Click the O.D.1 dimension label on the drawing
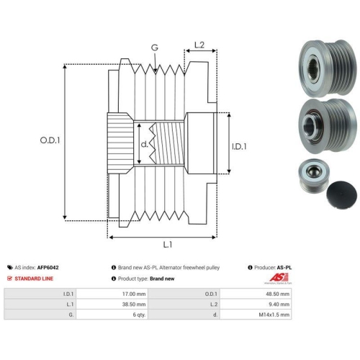pyautogui.click(x=50, y=140)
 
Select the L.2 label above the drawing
pyautogui.click(x=199, y=45)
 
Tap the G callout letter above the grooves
pyautogui.click(x=155, y=48)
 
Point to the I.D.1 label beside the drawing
pyautogui.click(x=239, y=146)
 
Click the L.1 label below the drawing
pyautogui.click(x=168, y=245)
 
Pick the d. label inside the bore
pyautogui.click(x=144, y=144)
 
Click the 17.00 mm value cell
pyautogui.click(x=112, y=294)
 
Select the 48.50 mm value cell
pyautogui.click(x=256, y=294)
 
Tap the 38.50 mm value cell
pyautogui.click(x=112, y=304)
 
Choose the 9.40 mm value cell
pyautogui.click(x=256, y=304)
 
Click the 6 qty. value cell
pyautogui.click(x=112, y=315)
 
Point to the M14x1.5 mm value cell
pyautogui.click(x=256, y=315)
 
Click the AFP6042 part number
pyautogui.click(x=48, y=267)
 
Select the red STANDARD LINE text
pyautogui.click(x=34, y=279)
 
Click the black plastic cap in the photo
pyautogui.click(x=341, y=195)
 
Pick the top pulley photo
pyautogui.click(x=328, y=68)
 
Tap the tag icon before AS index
pyautogui.click(x=10, y=267)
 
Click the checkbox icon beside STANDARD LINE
pyautogui.click(x=9, y=279)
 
